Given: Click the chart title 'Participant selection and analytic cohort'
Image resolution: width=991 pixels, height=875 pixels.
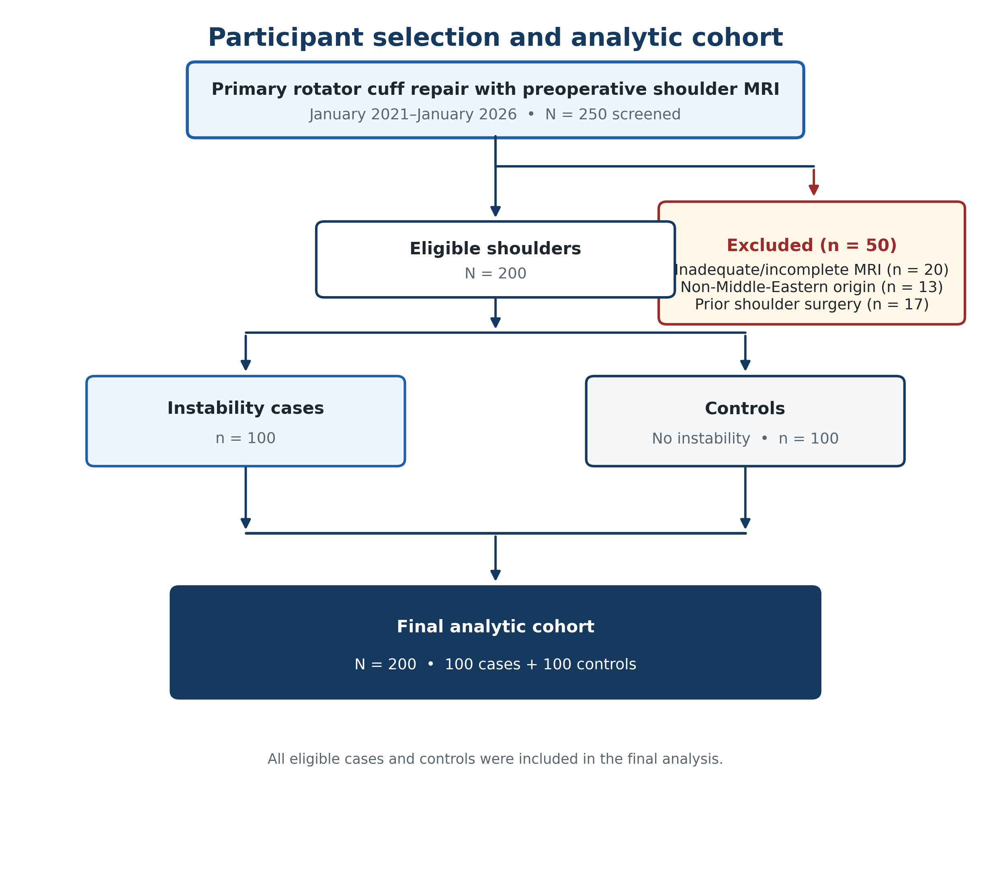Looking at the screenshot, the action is click(x=496, y=38).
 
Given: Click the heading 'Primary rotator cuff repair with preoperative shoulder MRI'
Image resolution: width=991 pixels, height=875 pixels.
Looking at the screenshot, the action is click(x=496, y=89).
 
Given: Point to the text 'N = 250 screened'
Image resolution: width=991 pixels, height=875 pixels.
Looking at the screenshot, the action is click(x=613, y=114).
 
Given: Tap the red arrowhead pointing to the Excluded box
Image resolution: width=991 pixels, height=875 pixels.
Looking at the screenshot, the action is click(x=814, y=190).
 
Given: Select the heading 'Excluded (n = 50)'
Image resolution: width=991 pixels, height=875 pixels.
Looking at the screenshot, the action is click(x=812, y=245).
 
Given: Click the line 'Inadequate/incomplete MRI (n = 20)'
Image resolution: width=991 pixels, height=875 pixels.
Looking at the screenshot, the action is click(x=812, y=270).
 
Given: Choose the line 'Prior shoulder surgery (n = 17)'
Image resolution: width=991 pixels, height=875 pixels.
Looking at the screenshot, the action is click(x=812, y=305).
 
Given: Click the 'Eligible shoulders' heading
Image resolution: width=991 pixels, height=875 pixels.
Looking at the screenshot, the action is click(x=496, y=249).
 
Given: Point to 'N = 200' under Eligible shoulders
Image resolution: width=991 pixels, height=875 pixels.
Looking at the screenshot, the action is click(x=496, y=274).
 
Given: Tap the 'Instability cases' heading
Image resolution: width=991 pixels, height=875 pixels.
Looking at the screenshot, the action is click(x=246, y=408).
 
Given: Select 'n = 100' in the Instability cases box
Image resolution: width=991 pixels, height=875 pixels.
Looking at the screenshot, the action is click(x=246, y=438).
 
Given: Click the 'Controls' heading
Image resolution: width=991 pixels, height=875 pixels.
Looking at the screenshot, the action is click(x=745, y=409).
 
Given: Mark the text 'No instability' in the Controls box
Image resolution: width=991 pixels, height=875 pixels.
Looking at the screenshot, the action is click(x=701, y=439).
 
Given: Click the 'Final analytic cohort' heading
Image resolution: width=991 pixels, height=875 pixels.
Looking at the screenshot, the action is click(x=496, y=627).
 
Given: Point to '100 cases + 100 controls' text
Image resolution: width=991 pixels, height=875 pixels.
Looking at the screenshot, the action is click(x=541, y=664).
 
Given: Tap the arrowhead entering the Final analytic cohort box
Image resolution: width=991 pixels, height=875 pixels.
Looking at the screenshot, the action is click(x=496, y=575).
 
